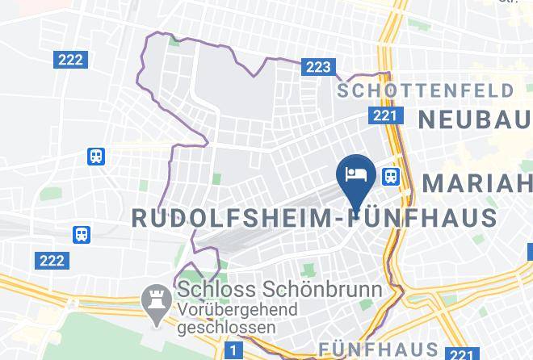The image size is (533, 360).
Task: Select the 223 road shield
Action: pyautogui.click(x=317, y=67)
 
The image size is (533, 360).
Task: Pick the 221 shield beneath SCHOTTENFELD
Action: pyautogui.click(x=384, y=115)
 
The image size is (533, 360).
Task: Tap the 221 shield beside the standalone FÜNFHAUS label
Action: pyautogui.click(x=462, y=354)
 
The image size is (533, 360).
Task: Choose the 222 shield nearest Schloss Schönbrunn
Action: pyautogui.click(x=51, y=260)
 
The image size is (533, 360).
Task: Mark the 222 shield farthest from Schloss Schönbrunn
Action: pyautogui.click(x=70, y=60)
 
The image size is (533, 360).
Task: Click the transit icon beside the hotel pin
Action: pyautogui.click(x=392, y=175)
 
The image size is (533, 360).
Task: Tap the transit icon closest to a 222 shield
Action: pyautogui.click(x=82, y=235)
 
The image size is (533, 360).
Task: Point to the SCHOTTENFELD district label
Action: pyautogui.click(x=426, y=90)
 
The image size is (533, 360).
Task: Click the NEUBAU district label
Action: pyautogui.click(x=475, y=119)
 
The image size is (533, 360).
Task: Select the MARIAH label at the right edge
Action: pyautogui.click(x=477, y=182)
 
